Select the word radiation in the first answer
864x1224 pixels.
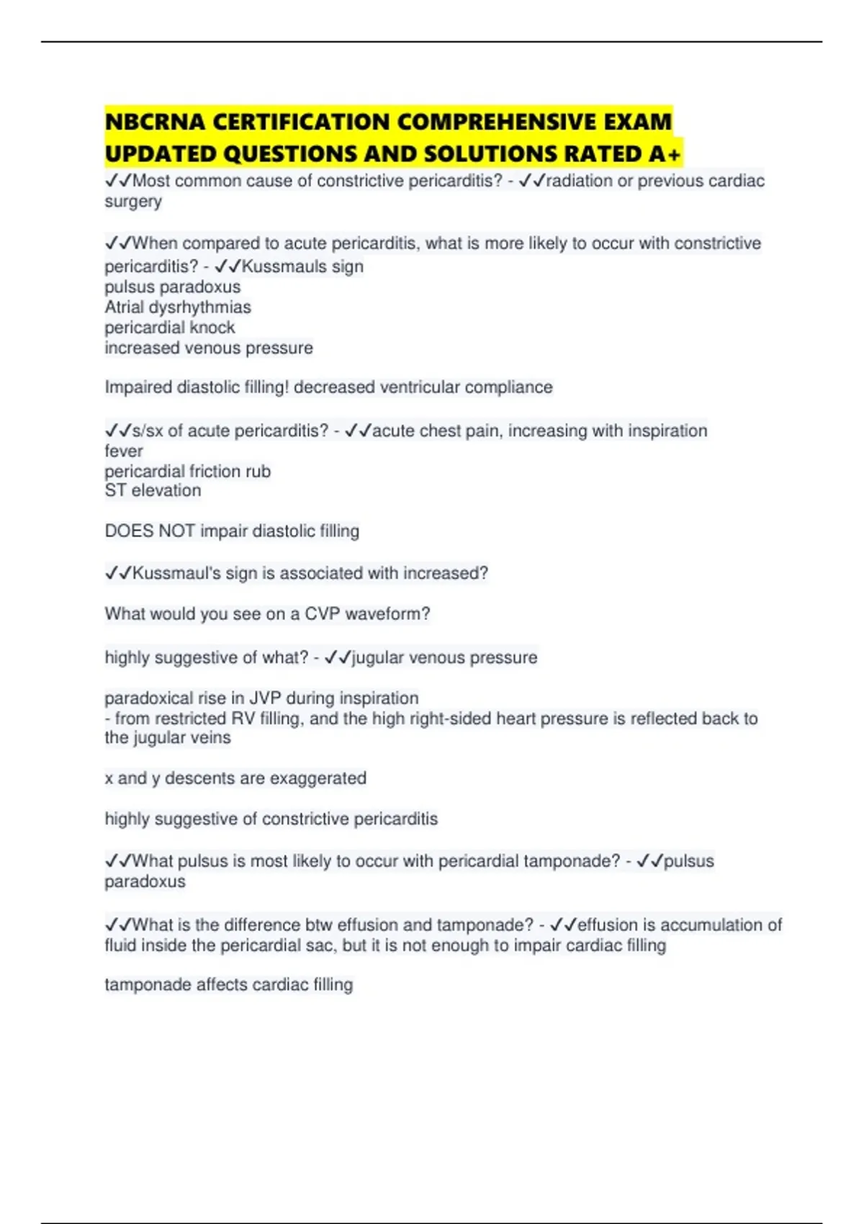(578, 181)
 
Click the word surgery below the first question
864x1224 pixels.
(133, 202)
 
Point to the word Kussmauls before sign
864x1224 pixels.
(284, 266)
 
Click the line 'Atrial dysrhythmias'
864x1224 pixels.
(178, 307)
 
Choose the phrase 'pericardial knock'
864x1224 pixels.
(170, 328)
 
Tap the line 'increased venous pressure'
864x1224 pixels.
(209, 348)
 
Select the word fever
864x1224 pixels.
(124, 451)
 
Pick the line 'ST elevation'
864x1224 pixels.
(153, 491)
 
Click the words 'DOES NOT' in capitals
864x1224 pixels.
(150, 531)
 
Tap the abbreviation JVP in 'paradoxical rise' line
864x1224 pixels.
(266, 698)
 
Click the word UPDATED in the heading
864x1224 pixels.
(161, 154)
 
